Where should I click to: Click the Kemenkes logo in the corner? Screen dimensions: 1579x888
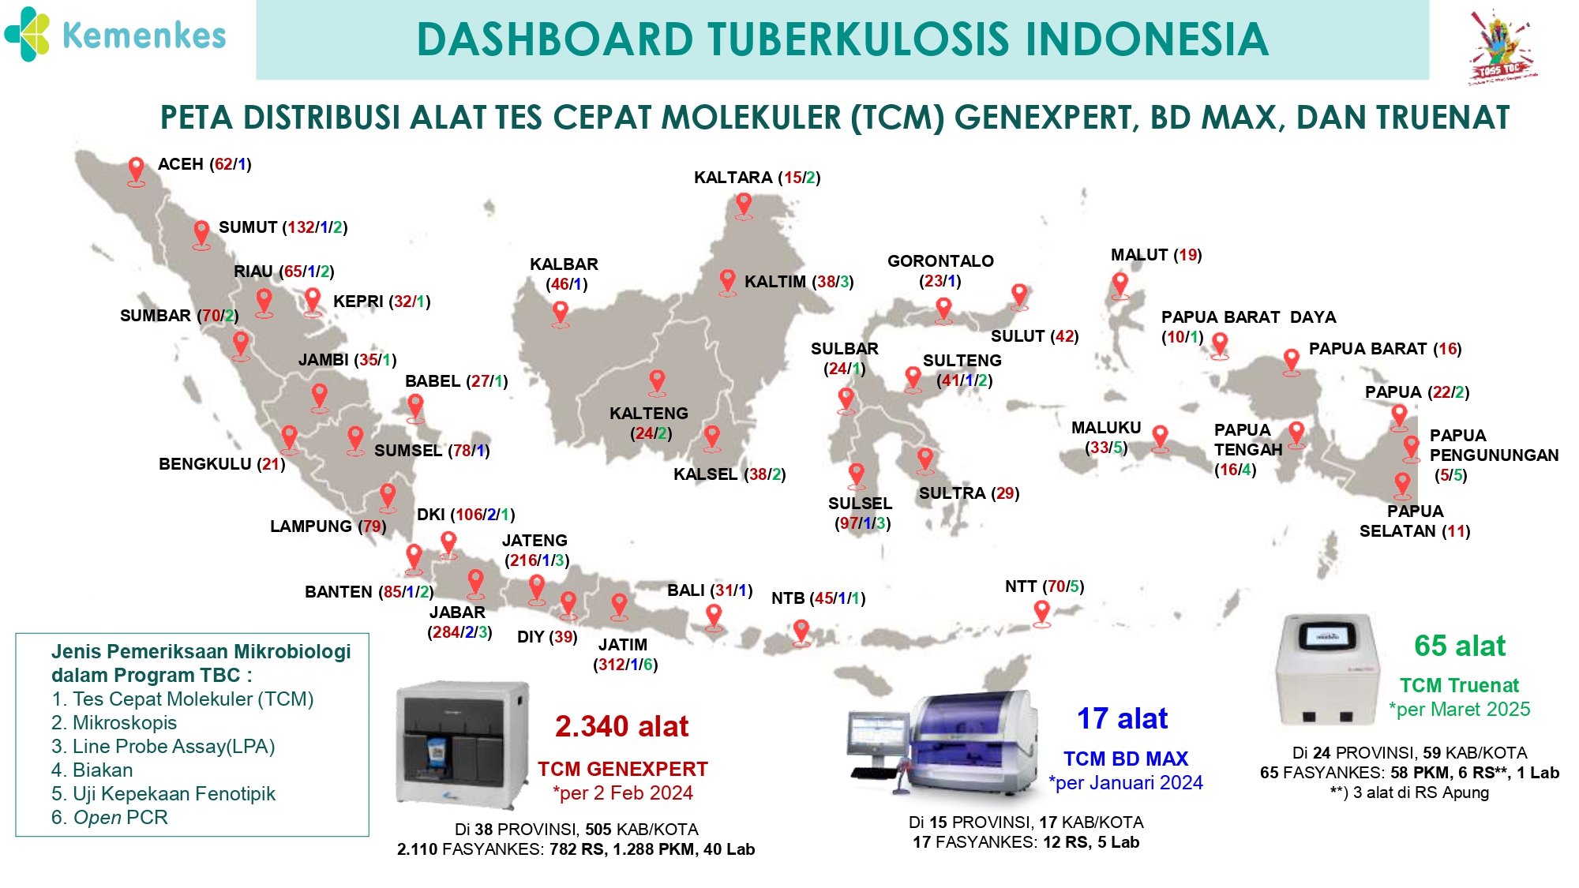click(x=115, y=35)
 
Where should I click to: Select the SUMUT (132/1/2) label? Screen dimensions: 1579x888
click(x=283, y=227)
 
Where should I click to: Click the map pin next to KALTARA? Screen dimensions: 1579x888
click(x=744, y=205)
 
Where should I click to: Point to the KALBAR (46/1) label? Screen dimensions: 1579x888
click(x=564, y=274)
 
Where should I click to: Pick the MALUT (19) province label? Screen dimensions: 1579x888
click(x=1156, y=255)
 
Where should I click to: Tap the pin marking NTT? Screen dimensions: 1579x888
click(x=1042, y=613)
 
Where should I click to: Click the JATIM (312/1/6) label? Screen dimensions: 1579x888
click(x=624, y=654)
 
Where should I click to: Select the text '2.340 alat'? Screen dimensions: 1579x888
click(x=621, y=726)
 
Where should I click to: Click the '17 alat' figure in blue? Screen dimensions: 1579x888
click(x=1122, y=718)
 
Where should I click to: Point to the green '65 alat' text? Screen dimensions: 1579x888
click(x=1459, y=646)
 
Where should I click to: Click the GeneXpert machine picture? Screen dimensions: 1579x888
click(x=463, y=744)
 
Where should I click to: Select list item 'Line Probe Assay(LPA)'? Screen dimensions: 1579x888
click(x=163, y=747)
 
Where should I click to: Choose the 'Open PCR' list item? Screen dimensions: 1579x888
click(x=110, y=818)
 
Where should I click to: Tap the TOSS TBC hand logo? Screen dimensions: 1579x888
click(x=1500, y=46)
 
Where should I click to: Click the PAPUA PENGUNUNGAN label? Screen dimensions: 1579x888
click(x=1494, y=455)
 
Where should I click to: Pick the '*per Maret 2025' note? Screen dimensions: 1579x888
click(x=1459, y=710)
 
